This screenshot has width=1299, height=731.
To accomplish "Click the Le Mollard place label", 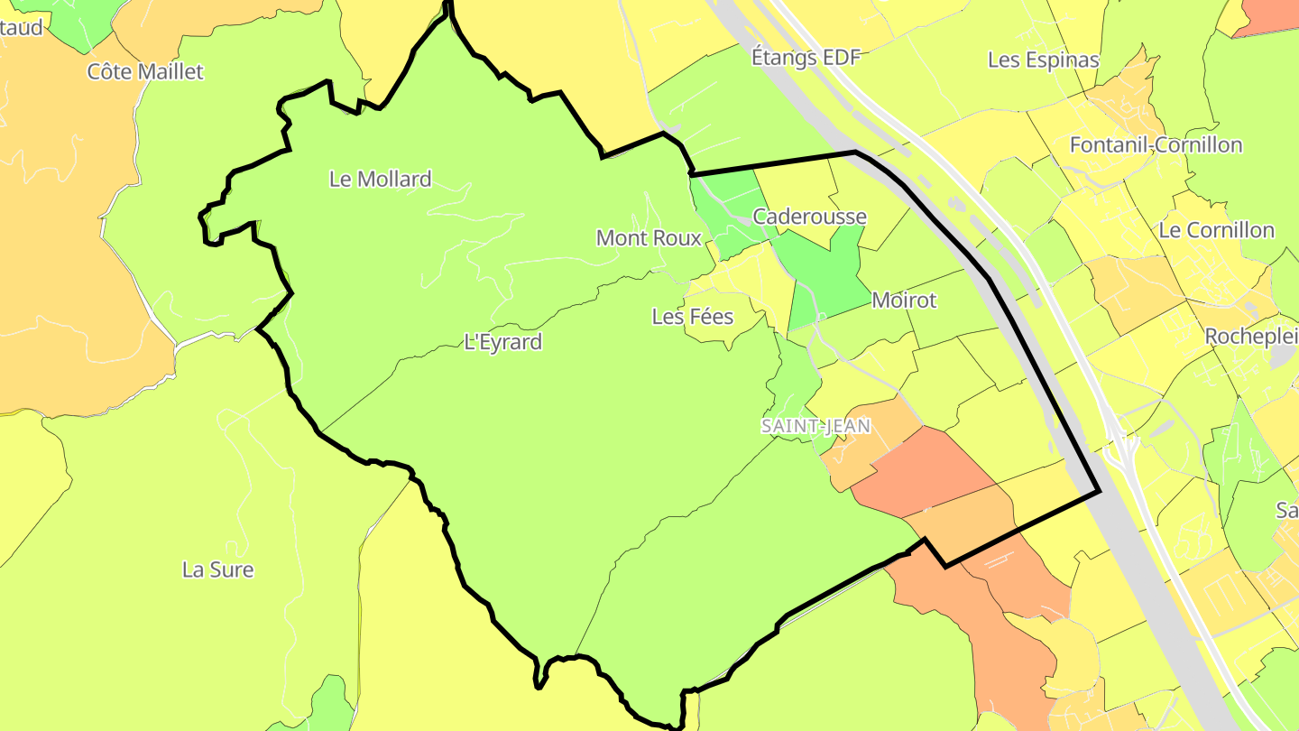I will (380, 179).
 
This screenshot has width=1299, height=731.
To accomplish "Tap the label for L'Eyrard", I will (502, 342).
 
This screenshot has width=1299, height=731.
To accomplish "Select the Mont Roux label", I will (649, 238).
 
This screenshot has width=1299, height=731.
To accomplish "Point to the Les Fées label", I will (692, 317).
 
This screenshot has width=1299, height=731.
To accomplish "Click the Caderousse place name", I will (809, 217).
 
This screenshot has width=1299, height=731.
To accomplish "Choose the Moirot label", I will (904, 301).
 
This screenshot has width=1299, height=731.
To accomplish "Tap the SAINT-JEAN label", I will (815, 426).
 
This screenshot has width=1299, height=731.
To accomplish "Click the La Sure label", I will (217, 569).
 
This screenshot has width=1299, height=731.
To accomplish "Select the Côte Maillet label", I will (145, 71).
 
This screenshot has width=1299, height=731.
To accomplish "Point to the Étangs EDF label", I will (806, 58).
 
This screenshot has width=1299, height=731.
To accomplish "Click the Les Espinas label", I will (1043, 60).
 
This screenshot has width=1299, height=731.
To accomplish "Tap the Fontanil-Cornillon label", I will (1155, 145).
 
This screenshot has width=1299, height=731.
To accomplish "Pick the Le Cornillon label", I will (1216, 230).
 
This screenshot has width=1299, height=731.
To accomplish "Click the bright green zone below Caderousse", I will (825, 275).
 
